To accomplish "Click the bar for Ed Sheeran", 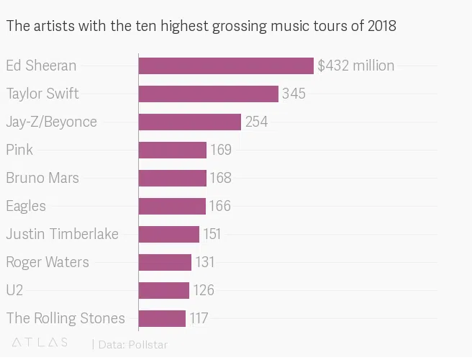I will [x=226, y=66].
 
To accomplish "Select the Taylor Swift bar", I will [x=208, y=94].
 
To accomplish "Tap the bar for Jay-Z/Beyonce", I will [x=189, y=122].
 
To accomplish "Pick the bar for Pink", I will [x=172, y=150].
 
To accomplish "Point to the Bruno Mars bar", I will [x=172, y=178].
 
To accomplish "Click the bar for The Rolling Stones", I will [x=162, y=318].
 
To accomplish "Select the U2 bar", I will [x=163, y=290].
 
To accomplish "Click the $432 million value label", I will [x=355, y=66].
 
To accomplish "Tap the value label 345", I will [x=294, y=94].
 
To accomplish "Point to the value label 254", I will [x=256, y=122].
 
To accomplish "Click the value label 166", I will [x=219, y=206].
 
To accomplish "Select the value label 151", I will [x=212, y=234].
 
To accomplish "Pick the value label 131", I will [x=204, y=262].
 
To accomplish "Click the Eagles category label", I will [x=26, y=206].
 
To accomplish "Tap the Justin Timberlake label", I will [x=62, y=234].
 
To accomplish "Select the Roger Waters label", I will [x=47, y=262].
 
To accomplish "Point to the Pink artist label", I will [x=19, y=150].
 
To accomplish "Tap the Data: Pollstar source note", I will [x=132, y=344].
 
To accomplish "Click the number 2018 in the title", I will [x=381, y=27].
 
